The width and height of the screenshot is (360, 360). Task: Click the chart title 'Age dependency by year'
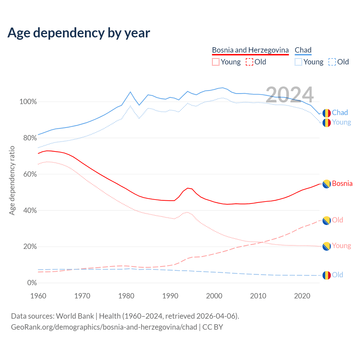79,33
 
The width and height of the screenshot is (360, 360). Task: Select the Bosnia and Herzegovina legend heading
250,50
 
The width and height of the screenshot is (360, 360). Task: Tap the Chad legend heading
303,50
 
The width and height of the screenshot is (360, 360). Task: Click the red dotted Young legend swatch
215,62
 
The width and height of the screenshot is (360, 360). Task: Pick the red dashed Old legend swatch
249,62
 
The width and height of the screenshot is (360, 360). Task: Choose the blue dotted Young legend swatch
298,62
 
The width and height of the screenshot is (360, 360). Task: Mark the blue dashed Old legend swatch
332,62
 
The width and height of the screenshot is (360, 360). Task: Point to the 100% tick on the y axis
28,102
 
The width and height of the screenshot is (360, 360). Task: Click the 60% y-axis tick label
30,174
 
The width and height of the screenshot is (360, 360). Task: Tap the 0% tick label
32,283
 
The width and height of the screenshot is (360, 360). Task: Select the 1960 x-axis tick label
38,296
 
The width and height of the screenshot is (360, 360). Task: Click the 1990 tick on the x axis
170,296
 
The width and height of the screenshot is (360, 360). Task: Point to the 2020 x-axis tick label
302,296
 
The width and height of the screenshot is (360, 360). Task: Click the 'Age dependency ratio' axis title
12,180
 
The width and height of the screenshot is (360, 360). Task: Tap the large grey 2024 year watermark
289,95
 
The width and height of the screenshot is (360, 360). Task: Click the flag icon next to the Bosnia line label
326,184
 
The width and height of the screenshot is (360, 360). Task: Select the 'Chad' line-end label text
340,113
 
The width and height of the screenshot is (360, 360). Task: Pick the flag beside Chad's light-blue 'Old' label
326,275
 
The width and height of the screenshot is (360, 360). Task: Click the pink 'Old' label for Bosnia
337,220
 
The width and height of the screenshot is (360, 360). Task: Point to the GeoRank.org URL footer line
117,327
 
